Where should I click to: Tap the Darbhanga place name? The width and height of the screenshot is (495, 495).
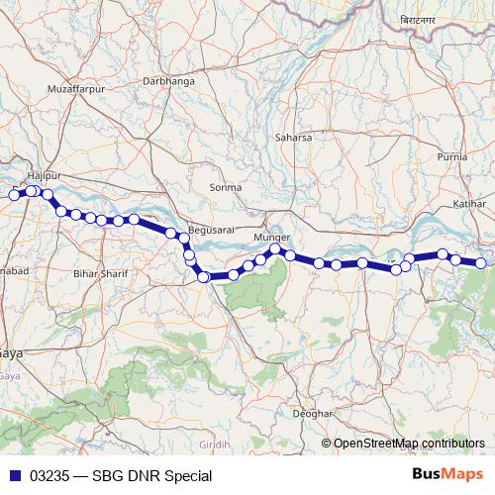168,80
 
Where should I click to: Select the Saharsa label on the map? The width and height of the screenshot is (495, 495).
295,137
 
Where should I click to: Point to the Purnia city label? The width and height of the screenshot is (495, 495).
451,156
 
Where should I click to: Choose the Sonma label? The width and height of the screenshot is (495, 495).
226,187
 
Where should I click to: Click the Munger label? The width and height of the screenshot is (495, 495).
272,239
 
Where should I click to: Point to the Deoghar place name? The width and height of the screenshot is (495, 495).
311,412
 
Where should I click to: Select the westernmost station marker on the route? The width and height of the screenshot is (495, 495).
14,195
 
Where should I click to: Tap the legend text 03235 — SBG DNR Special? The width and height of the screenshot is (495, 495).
121,476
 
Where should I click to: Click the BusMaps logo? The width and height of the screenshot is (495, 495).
448,475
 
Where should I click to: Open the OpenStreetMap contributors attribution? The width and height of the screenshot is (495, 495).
408,444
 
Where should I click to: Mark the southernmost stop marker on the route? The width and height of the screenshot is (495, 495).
203,277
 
